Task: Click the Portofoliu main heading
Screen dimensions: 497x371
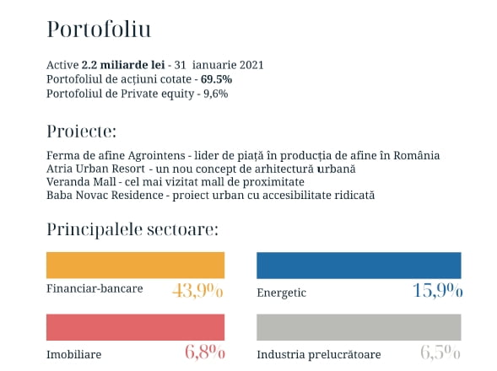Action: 99,30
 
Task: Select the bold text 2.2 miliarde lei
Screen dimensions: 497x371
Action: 123,65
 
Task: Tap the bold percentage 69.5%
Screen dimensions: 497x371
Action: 217,79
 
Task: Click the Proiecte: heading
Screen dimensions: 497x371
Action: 82,132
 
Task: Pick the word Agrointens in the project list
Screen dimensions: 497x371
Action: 157,155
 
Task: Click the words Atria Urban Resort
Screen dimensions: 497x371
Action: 95,169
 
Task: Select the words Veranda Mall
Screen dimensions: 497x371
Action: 81,182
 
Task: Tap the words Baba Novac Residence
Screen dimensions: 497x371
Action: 105,195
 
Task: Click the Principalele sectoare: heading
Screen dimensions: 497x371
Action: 132,229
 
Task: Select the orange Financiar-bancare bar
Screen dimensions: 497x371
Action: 135,266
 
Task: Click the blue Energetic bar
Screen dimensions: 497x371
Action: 359,266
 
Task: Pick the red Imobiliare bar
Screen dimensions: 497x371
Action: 135,327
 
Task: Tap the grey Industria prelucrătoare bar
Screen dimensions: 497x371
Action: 359,327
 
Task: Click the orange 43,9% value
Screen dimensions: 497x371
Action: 197,290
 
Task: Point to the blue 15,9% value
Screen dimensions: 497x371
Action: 438,290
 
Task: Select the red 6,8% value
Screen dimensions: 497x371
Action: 205,352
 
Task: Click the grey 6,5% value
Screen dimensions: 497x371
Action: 440,352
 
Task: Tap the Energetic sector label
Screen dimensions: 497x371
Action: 282,293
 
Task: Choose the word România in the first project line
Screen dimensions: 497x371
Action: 417,155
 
